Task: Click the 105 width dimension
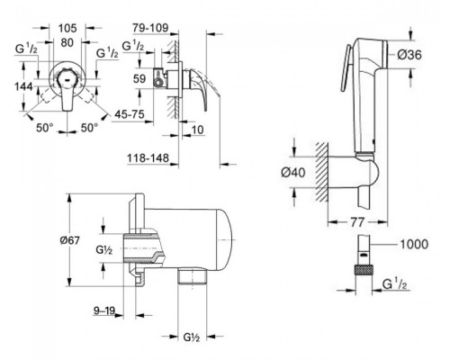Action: [67, 28]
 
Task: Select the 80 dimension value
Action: [67, 42]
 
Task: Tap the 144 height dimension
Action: [23, 86]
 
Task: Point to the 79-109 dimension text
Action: [150, 28]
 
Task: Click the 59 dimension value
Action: [139, 79]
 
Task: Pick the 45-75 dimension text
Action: [129, 114]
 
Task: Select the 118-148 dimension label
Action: [148, 157]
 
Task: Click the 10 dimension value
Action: [197, 130]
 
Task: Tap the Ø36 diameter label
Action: [409, 55]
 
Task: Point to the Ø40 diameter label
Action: [293, 173]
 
